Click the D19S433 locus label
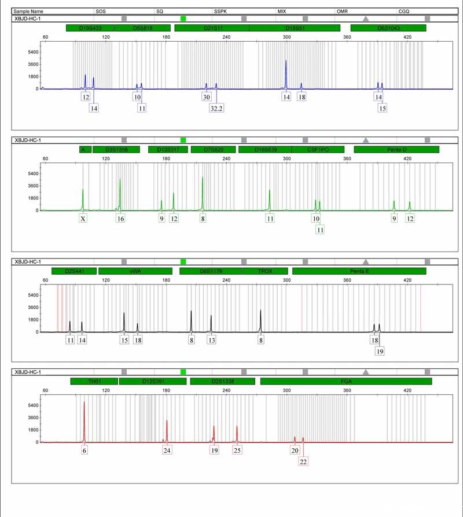point(90,28)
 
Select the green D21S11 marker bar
point(211,28)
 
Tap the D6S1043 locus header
point(388,28)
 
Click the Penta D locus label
point(396,150)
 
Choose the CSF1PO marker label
point(317,150)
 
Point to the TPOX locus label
point(265,271)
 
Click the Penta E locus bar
point(359,271)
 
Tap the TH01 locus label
point(94,381)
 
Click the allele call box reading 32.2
point(216,108)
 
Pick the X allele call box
point(83,219)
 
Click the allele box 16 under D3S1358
point(120,219)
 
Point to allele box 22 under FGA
point(303,461)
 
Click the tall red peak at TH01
point(84,404)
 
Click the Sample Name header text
point(29,11)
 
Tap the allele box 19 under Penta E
point(380,351)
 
